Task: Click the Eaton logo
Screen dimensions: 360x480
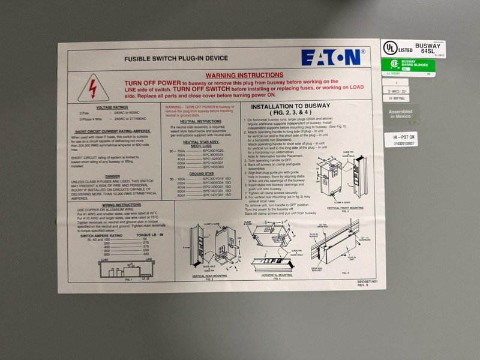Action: (331, 58)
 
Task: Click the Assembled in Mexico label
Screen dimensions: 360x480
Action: (400, 113)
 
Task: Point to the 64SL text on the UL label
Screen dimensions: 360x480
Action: (431, 51)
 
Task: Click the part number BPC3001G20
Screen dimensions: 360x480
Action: (213, 150)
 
